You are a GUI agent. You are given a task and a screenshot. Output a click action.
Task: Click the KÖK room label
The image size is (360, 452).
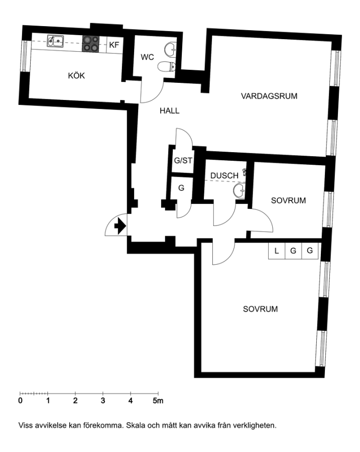(x=76, y=75)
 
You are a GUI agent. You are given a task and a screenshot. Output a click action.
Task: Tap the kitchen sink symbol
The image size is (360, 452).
(x=55, y=41)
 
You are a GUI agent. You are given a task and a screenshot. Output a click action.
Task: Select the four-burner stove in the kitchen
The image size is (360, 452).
(x=91, y=44)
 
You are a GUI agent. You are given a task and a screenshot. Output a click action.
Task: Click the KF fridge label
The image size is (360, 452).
(x=114, y=45)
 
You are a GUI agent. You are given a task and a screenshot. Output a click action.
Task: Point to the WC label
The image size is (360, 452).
(x=147, y=57)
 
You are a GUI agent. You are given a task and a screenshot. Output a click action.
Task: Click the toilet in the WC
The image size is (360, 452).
(x=167, y=67)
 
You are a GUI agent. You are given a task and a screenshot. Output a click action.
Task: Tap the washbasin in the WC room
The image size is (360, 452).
(x=170, y=49)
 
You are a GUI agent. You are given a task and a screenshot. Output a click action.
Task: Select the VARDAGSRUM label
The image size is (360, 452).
(x=269, y=96)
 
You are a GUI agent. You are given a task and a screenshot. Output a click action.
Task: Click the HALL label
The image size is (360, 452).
(x=170, y=110)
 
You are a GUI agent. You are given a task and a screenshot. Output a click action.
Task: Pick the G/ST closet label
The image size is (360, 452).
(x=183, y=160)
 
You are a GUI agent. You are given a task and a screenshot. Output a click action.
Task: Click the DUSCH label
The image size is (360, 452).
(x=224, y=176)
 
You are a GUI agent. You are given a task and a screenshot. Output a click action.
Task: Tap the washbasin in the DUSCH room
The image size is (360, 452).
(x=239, y=191)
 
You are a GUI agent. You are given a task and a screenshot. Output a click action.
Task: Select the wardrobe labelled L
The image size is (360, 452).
(x=277, y=251)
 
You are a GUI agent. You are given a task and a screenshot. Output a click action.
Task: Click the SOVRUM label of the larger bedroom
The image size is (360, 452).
(x=260, y=309)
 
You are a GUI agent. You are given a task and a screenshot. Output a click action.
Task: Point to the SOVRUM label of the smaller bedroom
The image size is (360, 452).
(x=289, y=200)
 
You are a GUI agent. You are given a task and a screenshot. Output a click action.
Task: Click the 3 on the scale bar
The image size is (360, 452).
(x=103, y=400)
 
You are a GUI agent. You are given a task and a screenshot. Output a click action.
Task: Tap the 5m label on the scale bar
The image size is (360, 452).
(x=158, y=400)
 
